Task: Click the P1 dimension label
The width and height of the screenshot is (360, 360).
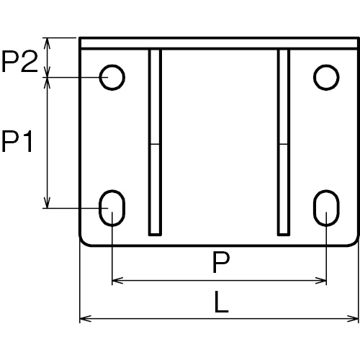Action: point(17,142)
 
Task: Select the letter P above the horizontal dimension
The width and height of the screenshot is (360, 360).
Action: point(221,262)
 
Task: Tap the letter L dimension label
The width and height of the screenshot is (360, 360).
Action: point(221,302)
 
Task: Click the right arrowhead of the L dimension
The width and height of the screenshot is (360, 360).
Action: point(353,319)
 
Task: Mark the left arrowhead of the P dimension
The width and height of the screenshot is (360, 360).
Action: point(118,280)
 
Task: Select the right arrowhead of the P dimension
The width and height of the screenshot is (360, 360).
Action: point(320,280)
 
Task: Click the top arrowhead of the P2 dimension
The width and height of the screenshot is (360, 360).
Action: point(48,43)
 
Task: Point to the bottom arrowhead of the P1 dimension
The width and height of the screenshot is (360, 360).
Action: point(48,202)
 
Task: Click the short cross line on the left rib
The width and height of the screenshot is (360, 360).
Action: point(155,144)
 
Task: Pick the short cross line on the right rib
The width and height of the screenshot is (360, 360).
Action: point(284,144)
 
